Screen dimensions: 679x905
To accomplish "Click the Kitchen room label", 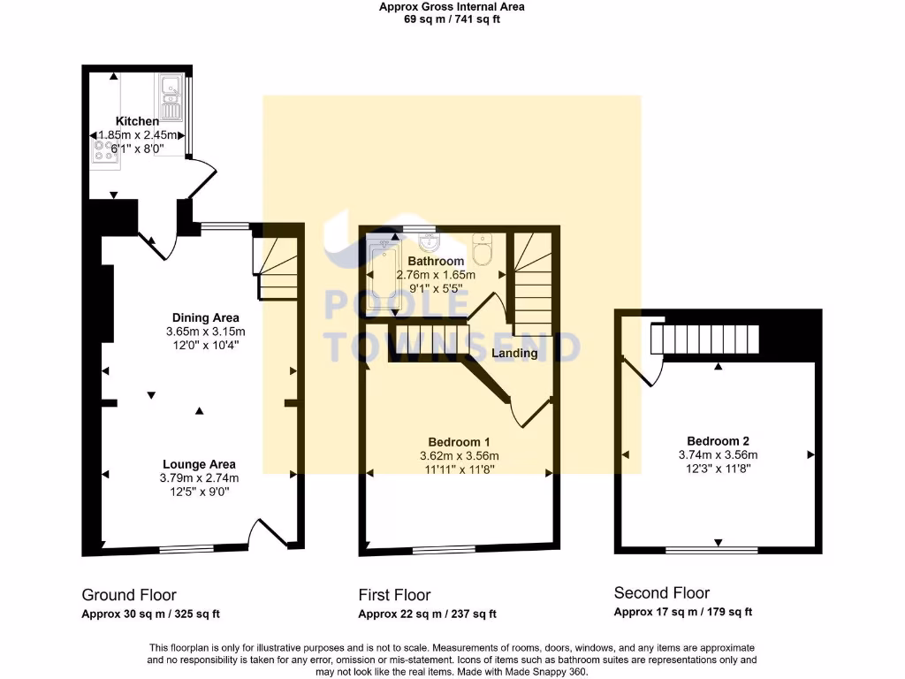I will tap(137, 121).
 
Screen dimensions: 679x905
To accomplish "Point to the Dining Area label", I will tap(205, 317).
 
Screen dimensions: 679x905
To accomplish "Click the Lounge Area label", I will tap(199, 464).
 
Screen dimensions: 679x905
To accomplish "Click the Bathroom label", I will tap(436, 261).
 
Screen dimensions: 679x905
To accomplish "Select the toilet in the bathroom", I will tap(482, 250).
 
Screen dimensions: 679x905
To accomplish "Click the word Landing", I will tap(514, 353).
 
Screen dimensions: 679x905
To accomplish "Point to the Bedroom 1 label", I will tap(459, 442).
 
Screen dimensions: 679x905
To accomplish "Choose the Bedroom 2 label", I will tap(718, 441).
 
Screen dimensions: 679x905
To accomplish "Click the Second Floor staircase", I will tap(704, 339).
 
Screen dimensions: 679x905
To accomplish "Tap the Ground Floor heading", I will tap(129, 595).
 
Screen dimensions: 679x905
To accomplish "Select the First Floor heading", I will tap(394, 595).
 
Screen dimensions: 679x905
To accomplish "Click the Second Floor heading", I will tap(662, 592).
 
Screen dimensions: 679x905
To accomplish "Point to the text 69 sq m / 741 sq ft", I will tap(452, 19).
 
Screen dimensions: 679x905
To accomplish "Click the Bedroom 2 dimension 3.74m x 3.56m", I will tap(718, 455).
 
